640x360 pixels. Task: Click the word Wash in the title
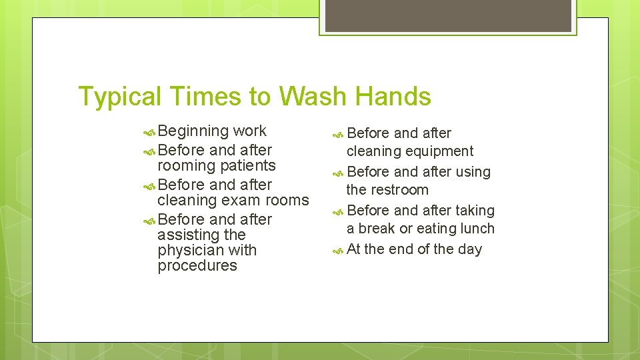[312, 97]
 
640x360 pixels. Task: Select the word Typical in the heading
[121, 97]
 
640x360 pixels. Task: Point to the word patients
[247, 165]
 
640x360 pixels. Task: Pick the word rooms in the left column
[287, 200]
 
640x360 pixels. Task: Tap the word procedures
[197, 265]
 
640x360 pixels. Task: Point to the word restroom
[396, 190]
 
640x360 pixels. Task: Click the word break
[377, 229]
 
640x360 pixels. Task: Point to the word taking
[475, 211]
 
